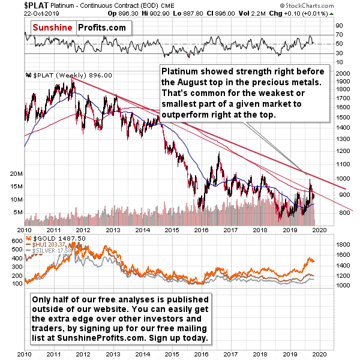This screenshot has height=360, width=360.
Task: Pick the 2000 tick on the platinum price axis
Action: click(x=342, y=73)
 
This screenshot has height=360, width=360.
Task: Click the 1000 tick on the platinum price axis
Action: click(x=342, y=179)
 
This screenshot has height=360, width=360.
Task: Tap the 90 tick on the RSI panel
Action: click(x=338, y=25)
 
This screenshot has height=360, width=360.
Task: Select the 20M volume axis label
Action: click(x=16, y=173)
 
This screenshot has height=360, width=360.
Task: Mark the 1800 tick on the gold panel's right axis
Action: click(x=343, y=245)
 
